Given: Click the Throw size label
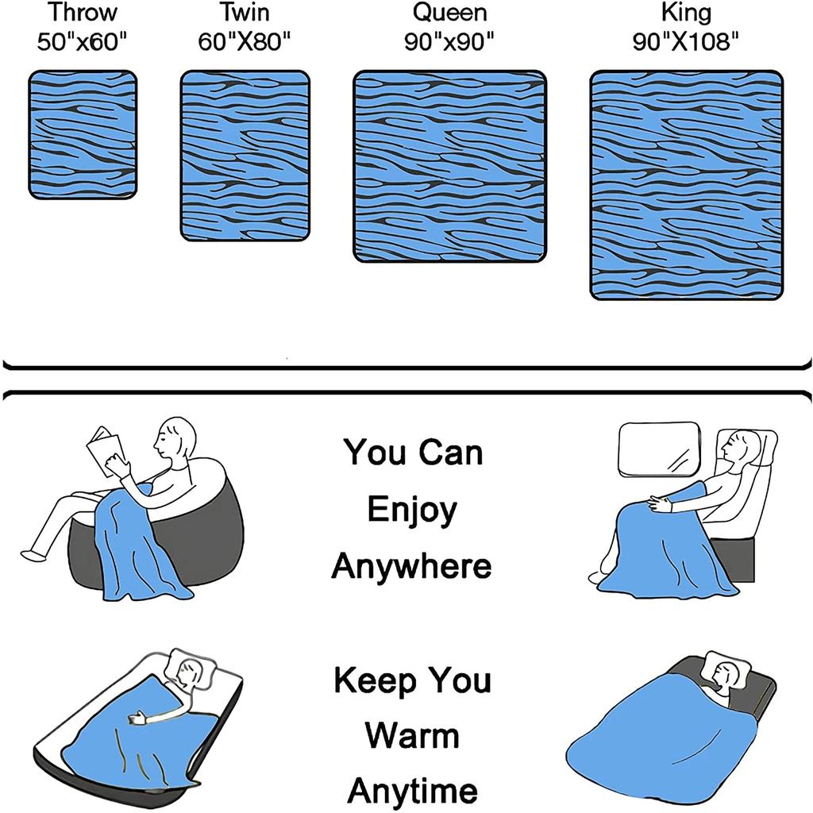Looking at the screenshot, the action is [83, 13].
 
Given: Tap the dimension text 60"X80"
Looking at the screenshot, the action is [245, 41].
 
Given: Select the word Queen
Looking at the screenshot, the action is [449, 13].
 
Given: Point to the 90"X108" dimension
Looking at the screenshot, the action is [685, 41].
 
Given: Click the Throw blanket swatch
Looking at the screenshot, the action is [83, 135].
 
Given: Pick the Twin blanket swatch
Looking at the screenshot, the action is [245, 156].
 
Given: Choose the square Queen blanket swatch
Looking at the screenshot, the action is [449, 167].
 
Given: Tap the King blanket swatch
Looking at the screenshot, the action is [686, 185].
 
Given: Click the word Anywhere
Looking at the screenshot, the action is [411, 565].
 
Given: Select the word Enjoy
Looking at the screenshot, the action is [412, 511].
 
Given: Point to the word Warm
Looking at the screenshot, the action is [412, 736].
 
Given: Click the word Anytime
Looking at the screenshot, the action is [412, 792].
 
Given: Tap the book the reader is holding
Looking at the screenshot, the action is [107, 450].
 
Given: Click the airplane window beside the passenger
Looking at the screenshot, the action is [659, 449].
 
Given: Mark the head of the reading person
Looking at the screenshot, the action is [175, 438].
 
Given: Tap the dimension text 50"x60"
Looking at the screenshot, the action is [82, 41].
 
